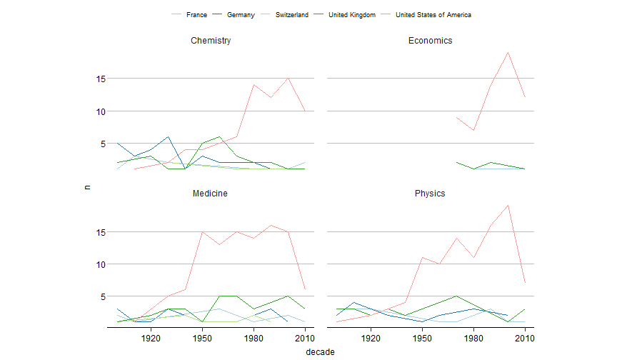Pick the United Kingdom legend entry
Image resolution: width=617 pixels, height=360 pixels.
point(351,15)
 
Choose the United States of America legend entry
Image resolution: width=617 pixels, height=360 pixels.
point(433,15)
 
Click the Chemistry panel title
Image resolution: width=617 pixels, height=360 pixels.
point(211,41)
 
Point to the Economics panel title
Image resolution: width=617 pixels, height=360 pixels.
point(430,41)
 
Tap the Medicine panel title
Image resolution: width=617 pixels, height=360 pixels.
point(211,194)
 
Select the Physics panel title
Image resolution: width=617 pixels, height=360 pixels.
point(430,194)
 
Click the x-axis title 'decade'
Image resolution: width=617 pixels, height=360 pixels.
point(320,351)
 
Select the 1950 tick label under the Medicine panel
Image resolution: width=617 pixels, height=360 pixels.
point(202,338)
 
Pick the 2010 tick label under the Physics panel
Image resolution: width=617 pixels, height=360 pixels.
point(525,338)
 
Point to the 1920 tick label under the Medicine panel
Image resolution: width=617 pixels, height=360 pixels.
point(151,338)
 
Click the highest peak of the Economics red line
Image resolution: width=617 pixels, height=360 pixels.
point(508,52)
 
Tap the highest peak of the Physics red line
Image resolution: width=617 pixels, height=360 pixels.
point(508,205)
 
